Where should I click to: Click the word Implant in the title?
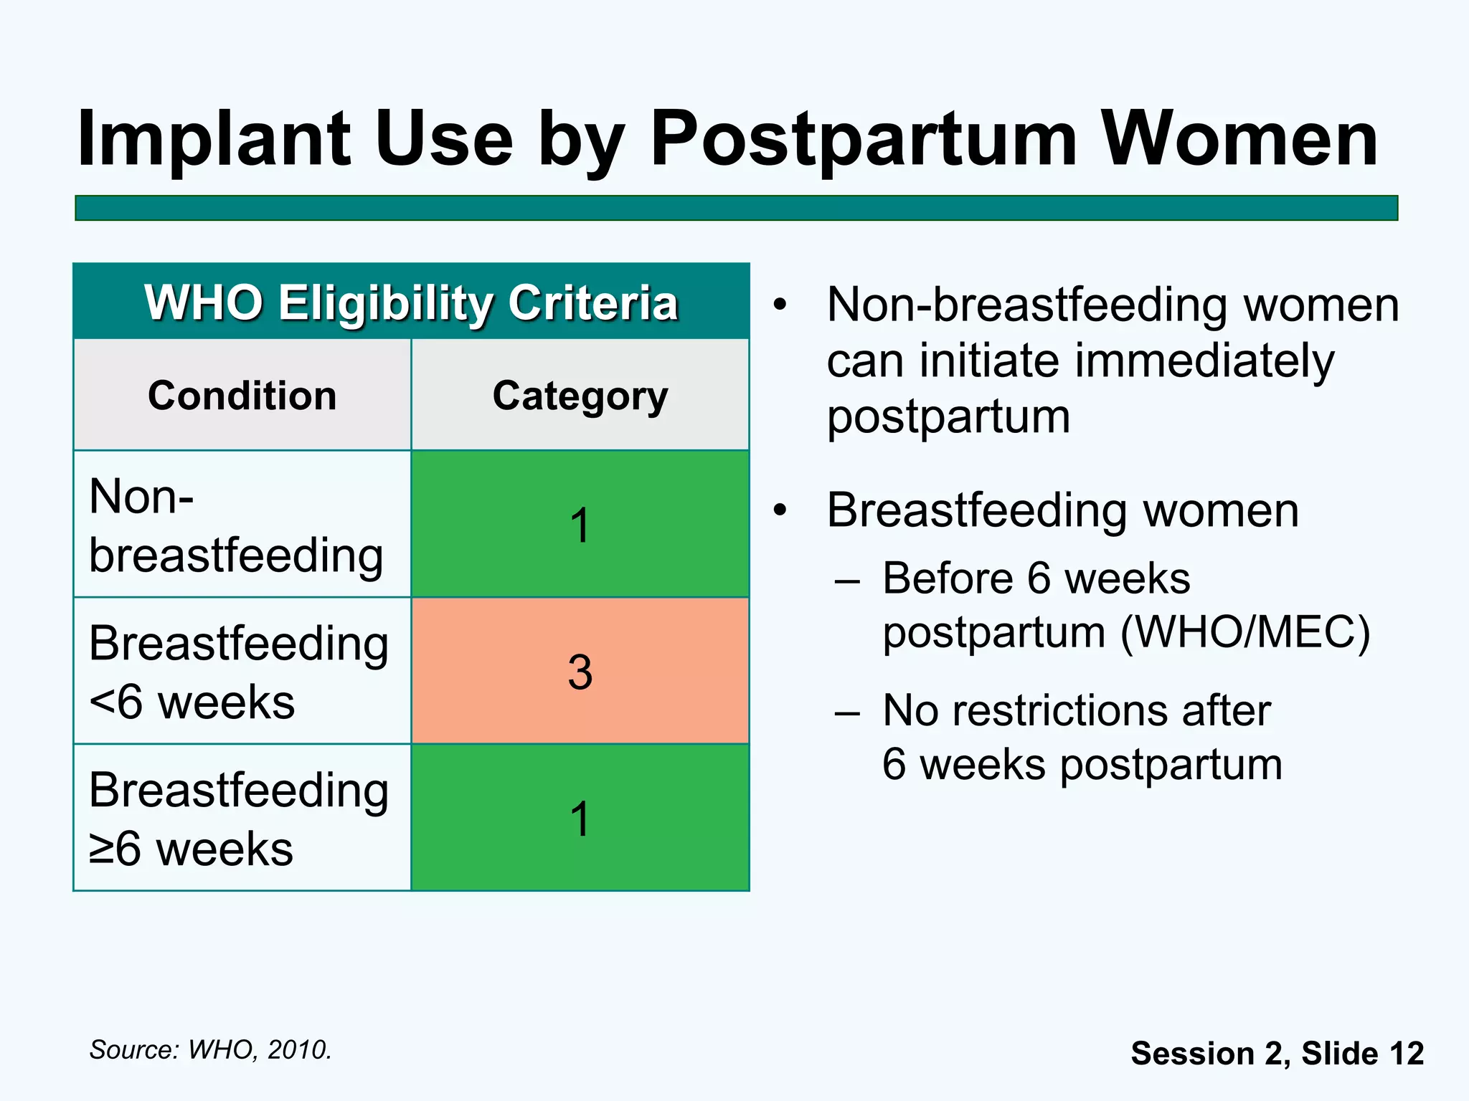214,140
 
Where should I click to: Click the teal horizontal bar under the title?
736,208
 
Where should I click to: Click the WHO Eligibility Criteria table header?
411,302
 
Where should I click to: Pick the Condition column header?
242,396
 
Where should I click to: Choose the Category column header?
580,396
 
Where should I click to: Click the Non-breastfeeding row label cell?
236,525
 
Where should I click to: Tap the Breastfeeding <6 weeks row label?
239,672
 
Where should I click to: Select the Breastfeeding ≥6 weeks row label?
239,819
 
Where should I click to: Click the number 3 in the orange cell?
580,672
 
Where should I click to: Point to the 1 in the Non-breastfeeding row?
580,525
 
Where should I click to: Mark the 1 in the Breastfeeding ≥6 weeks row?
580,819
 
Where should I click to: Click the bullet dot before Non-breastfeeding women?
780,306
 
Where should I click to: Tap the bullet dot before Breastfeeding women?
780,511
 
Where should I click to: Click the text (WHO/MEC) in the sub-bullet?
1245,633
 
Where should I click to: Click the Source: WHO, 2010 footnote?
210,1049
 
